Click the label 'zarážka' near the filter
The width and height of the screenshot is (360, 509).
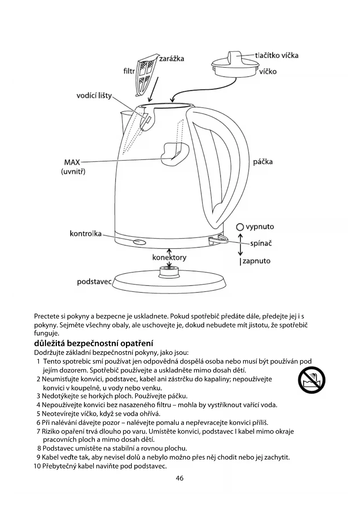pos(171,59)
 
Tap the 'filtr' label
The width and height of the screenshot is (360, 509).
pos(129,71)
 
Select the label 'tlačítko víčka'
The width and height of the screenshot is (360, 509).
pos(277,55)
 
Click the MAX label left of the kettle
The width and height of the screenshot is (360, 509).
pos(72,162)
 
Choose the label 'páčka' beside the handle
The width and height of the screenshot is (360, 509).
pos(263,162)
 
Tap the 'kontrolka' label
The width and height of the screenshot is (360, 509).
pos(86,234)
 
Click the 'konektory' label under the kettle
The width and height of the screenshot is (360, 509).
pos(169,258)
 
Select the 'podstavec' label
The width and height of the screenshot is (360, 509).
pos(94,282)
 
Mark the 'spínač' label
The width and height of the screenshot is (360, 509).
pos(261,243)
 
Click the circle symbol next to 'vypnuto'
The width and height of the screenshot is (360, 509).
pos(240,227)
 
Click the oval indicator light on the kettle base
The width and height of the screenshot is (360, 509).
pos(139,242)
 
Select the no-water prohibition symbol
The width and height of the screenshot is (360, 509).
pos(312,380)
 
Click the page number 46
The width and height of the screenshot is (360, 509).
pos(180,478)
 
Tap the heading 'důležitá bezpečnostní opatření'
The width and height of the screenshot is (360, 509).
pos(93,343)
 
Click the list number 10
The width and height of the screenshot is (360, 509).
pos(37,466)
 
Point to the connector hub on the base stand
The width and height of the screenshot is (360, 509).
pos(170,271)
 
